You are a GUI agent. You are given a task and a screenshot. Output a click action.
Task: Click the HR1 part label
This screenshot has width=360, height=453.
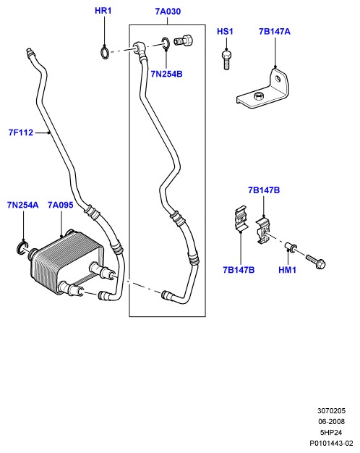tap(103, 11)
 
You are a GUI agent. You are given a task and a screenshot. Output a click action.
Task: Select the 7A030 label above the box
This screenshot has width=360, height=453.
tap(168, 12)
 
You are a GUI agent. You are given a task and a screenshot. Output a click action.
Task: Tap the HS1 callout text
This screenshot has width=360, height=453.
tap(225, 32)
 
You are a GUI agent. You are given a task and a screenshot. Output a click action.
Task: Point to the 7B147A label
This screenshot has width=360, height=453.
tap(274, 32)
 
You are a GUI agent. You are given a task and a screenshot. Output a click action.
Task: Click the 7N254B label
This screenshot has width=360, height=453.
tap(166, 75)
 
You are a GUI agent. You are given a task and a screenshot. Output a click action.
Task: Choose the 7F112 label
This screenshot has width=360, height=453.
tap(21, 132)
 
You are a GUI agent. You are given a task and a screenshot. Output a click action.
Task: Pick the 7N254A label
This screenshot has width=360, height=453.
tap(23, 205)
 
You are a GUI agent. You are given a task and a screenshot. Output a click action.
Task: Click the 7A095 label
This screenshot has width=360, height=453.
tap(60, 205)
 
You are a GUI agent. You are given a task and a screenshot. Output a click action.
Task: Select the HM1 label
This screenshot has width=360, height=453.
tap(287, 270)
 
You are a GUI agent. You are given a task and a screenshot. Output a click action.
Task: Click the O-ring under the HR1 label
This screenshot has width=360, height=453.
tap(105, 52)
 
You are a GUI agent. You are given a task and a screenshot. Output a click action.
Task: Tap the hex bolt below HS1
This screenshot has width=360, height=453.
tap(226, 60)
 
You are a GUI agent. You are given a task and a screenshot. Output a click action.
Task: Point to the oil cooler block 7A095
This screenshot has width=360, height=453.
tap(67, 263)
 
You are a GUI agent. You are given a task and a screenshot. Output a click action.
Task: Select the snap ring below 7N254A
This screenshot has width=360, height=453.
tap(22, 247)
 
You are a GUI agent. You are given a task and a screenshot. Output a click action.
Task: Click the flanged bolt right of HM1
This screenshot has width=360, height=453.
tap(315, 261)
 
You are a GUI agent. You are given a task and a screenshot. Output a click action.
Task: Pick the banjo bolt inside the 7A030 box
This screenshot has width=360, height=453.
tap(183, 40)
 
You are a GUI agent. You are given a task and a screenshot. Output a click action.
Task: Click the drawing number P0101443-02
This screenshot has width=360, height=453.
tap(331, 443)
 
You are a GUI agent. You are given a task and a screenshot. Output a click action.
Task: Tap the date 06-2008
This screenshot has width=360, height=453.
tap(331, 421)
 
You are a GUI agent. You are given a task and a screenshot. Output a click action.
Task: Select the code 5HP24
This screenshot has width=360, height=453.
tap(331, 433)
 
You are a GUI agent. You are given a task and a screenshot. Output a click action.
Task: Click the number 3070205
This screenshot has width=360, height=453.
tap(331, 411)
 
